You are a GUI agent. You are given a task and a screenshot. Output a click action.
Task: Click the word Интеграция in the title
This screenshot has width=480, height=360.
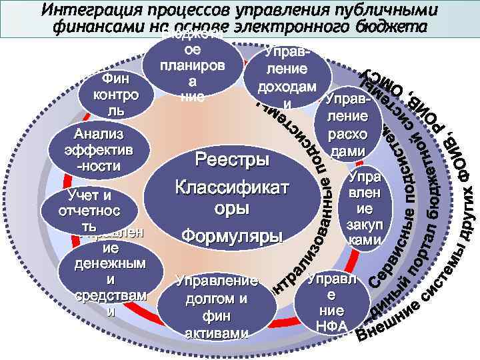[86, 11]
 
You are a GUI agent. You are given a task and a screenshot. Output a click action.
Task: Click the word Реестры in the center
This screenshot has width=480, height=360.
[232, 161]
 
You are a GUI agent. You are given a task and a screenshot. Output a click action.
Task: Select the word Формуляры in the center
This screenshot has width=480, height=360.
[232, 236]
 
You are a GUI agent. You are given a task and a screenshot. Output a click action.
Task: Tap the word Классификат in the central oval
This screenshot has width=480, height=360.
[232, 187]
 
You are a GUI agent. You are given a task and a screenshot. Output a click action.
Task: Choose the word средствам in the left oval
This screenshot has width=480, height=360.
[110, 296]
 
